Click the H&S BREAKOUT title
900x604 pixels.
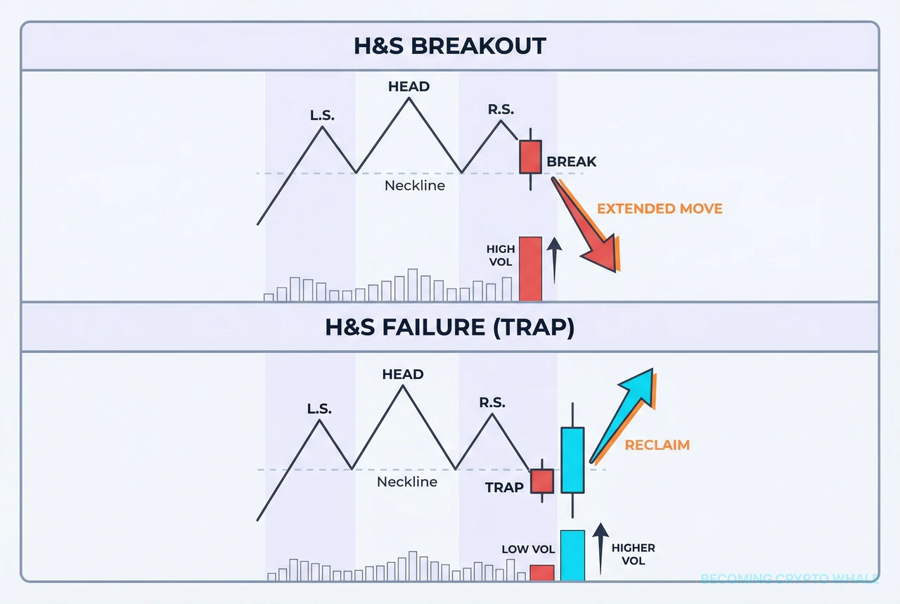[x=450, y=46]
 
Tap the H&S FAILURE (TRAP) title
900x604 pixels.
[x=450, y=327]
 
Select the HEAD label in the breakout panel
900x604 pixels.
[x=409, y=86]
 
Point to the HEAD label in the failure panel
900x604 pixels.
[x=403, y=374]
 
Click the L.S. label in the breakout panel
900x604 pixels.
[x=323, y=114]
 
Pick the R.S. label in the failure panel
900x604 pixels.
[x=491, y=402]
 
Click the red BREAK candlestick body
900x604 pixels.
[x=530, y=157]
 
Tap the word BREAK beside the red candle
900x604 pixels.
[x=571, y=162]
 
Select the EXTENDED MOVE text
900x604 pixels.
[x=660, y=208]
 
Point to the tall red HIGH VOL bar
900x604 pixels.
[x=530, y=269]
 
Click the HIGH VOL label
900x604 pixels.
[x=501, y=256]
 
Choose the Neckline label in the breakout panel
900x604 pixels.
[x=415, y=186]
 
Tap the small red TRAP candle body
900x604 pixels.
[x=542, y=482]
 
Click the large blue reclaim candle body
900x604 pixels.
[x=572, y=459]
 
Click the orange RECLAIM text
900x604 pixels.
[x=657, y=444]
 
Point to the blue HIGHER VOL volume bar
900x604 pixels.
[x=572, y=555]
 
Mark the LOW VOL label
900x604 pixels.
[x=528, y=549]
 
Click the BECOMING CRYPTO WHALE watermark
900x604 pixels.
[x=790, y=579]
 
